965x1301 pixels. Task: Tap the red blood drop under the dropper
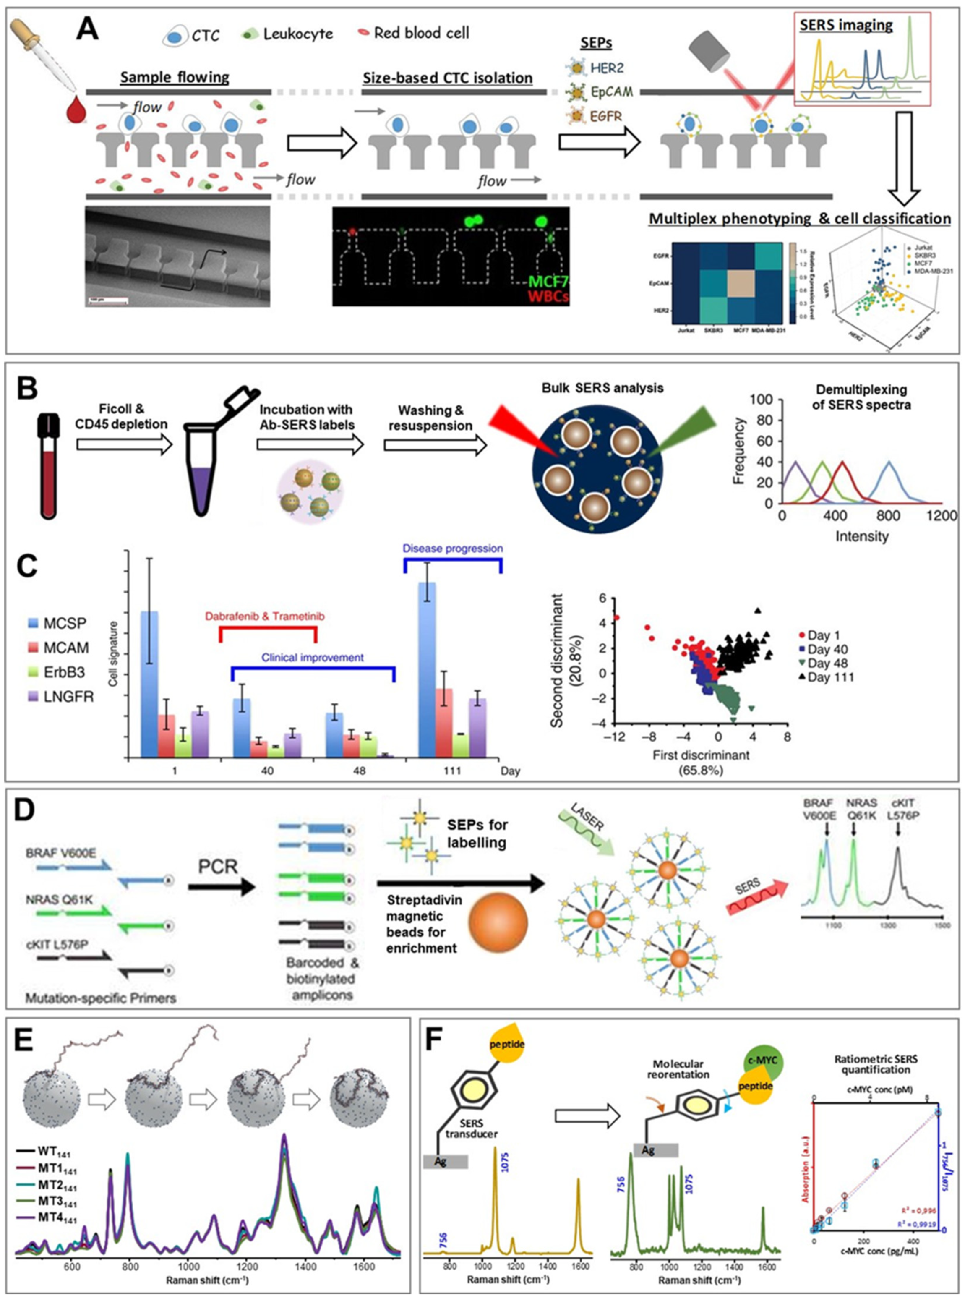tap(76, 110)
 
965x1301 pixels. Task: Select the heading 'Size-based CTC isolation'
tap(447, 78)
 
